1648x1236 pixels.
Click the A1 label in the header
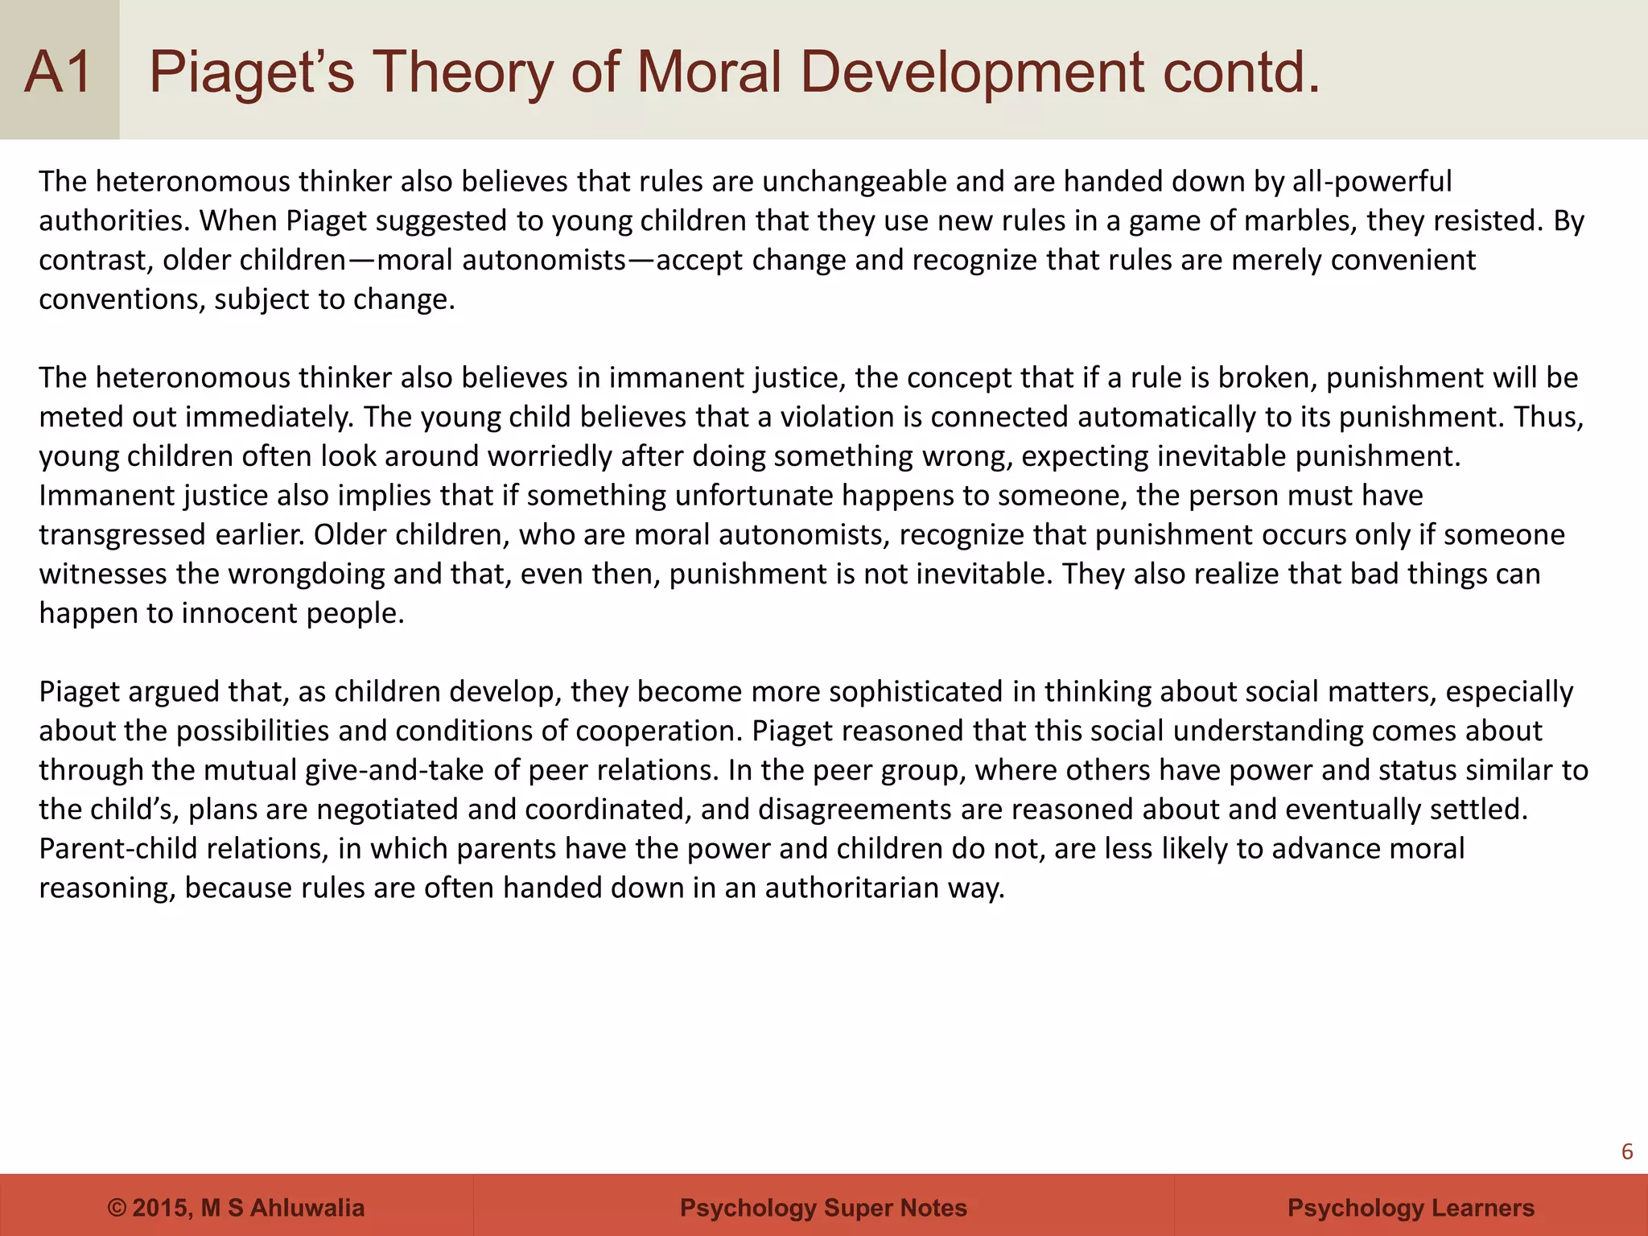point(58,72)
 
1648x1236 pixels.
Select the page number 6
point(1626,1152)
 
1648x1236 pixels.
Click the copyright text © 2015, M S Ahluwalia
point(236,1208)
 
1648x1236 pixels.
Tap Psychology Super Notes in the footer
point(823,1208)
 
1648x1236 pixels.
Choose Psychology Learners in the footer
point(1411,1208)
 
